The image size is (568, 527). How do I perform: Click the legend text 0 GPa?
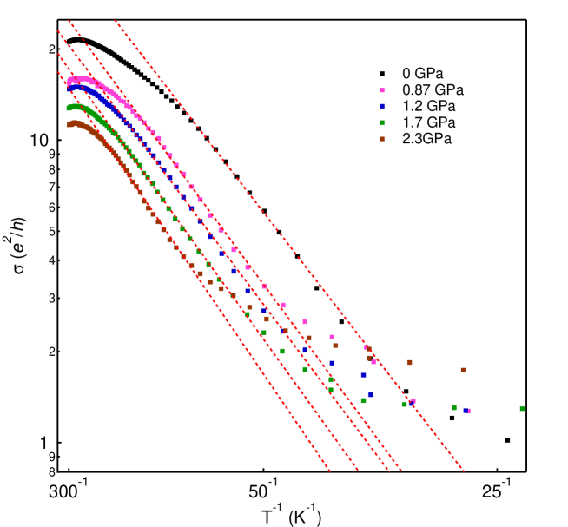pyautogui.click(x=422, y=74)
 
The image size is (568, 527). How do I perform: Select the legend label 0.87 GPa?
pyautogui.click(x=433, y=90)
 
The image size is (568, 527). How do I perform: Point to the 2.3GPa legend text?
pyautogui.click(x=426, y=139)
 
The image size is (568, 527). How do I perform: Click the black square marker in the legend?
pyautogui.click(x=382, y=74)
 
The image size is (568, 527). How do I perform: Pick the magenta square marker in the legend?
pyautogui.click(x=382, y=90)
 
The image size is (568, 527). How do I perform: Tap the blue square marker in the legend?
pyautogui.click(x=382, y=106)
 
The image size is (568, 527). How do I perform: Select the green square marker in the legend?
pyautogui.click(x=382, y=122)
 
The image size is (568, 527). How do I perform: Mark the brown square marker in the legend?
pyautogui.click(x=382, y=139)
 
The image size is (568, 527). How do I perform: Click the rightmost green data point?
pyautogui.click(x=522, y=408)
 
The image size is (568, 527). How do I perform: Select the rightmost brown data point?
pyautogui.click(x=463, y=370)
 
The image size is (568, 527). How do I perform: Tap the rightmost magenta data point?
pyautogui.click(x=468, y=411)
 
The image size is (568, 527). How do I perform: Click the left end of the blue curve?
pyautogui.click(x=69, y=88)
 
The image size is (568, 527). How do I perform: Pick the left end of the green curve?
pyautogui.click(x=68, y=109)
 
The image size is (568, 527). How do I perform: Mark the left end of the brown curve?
pyautogui.click(x=69, y=125)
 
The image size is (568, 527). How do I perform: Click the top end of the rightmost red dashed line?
pyautogui.click(x=115, y=21)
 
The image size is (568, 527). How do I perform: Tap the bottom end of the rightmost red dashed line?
pyautogui.click(x=464, y=471)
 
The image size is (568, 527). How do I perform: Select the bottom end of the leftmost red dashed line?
pyautogui.click(x=331, y=472)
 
